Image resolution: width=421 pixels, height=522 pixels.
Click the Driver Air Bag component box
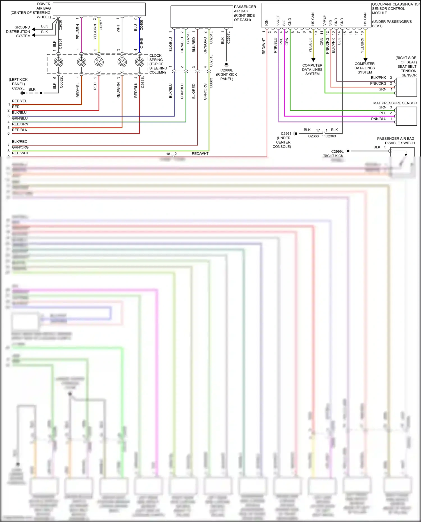[x=99, y=9]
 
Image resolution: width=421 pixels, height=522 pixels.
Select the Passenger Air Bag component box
[x=202, y=17]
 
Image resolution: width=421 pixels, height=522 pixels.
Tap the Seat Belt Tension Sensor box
[x=406, y=87]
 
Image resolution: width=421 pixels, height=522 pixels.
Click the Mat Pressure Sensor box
[x=406, y=116]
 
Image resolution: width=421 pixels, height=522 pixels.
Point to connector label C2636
[x=61, y=25]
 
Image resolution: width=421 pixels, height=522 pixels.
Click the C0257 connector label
[x=101, y=25]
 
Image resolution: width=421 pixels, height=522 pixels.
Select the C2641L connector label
[x=143, y=82]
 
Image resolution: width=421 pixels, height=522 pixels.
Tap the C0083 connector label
[x=211, y=83]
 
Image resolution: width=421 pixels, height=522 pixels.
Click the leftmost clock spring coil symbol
[x=58, y=62]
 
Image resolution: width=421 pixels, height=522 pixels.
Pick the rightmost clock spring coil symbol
[x=139, y=62]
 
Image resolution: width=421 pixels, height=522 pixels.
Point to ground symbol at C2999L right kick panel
[x=226, y=65]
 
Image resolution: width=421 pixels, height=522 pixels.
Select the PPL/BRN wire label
[x=78, y=31]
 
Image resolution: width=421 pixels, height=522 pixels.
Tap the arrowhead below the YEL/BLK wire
[x=313, y=60]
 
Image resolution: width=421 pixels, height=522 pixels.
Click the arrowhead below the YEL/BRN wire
[x=365, y=60]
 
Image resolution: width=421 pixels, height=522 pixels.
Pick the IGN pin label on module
[x=267, y=22]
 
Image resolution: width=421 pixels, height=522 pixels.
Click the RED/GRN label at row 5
[x=20, y=124]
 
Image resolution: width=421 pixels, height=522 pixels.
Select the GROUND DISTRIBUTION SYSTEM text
[x=18, y=31]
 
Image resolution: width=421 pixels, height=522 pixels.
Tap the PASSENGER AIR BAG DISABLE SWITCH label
[x=396, y=141]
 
